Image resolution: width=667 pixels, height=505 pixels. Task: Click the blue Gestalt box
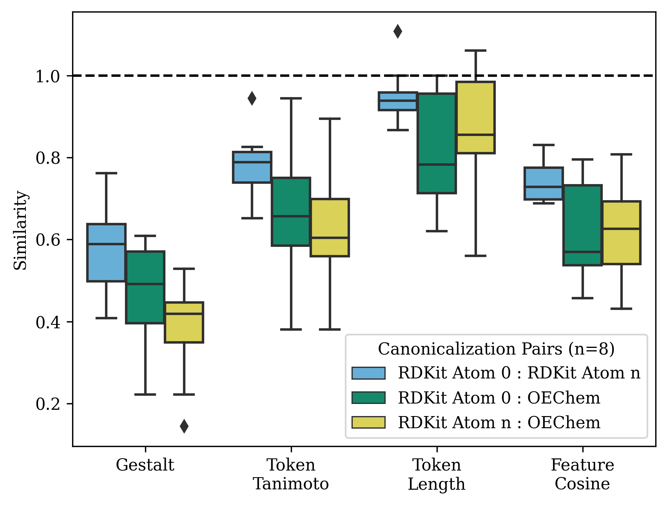[x=106, y=253]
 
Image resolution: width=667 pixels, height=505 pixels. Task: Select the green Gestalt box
[x=145, y=287]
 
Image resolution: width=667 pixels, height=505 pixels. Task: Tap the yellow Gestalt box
[x=184, y=322]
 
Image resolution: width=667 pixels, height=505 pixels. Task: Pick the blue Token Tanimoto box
[x=252, y=167]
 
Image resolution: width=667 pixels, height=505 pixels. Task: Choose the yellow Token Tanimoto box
[x=330, y=228]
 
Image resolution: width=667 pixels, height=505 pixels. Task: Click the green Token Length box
[x=437, y=143]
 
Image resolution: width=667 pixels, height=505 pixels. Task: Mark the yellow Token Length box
[x=475, y=118]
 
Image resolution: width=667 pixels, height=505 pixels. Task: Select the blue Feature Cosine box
[x=544, y=184]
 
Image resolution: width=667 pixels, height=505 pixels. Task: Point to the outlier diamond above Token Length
[x=398, y=31]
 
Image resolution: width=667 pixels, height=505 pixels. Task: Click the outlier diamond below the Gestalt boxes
[x=184, y=426]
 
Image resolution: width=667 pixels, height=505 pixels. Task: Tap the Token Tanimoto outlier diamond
[x=252, y=98]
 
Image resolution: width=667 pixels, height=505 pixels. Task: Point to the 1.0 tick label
[x=48, y=76]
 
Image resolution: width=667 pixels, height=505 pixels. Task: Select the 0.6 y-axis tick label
[x=48, y=240]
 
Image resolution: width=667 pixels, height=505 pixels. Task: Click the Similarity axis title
[x=20, y=230]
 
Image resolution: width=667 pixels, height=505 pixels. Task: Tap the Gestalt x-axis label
[x=145, y=465]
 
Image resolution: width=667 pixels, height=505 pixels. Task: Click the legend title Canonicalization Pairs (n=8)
[x=496, y=349]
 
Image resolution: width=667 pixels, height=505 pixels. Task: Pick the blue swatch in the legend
[x=368, y=373]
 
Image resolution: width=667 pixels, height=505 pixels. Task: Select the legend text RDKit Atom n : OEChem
[x=499, y=423]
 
